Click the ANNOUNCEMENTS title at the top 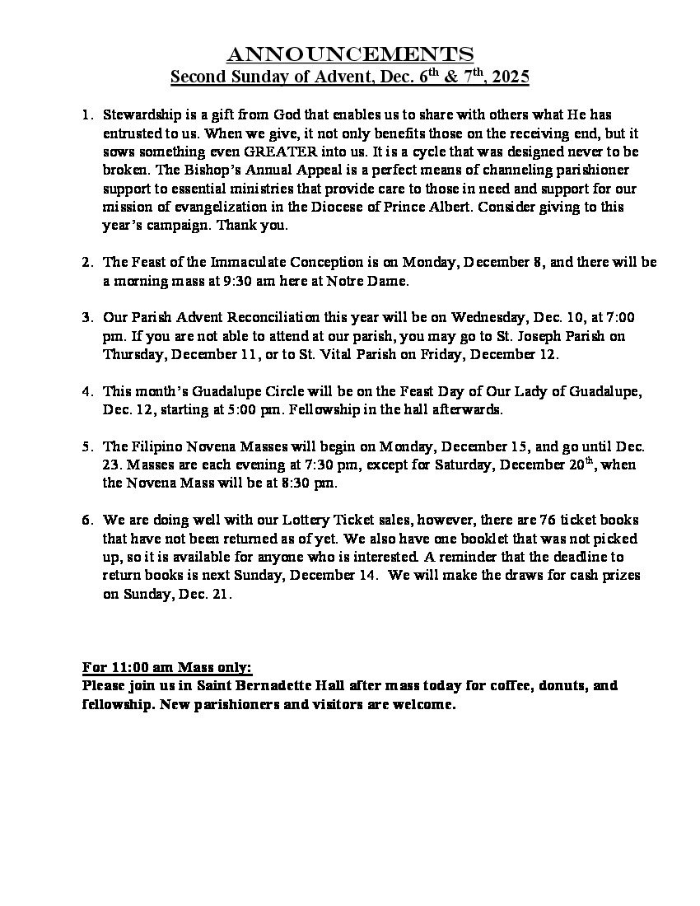point(349,54)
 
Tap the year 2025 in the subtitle point(510,77)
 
